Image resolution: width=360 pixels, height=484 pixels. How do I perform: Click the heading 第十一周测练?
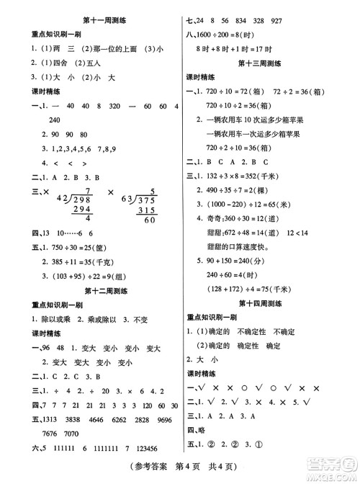pos(92,9)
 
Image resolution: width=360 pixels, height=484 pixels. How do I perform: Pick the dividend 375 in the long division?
pos(149,200)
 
